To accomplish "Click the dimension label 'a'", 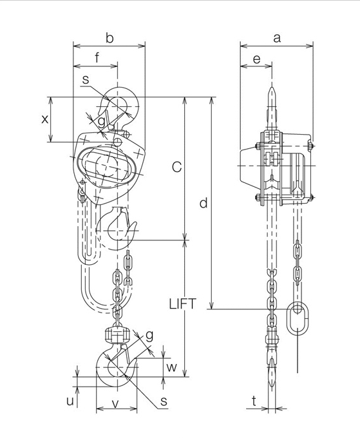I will [277, 38].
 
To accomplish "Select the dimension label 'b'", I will [109, 39].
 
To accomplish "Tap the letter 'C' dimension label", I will [176, 168].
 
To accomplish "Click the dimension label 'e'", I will [256, 59].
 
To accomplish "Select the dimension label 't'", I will [254, 400].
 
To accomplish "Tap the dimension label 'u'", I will [70, 400].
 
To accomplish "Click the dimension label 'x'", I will [44, 119].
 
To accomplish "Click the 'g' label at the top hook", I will [101, 121].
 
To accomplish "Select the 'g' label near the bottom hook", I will [149, 335].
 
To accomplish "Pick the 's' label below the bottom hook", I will [164, 401].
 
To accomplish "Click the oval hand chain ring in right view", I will [298, 318].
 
